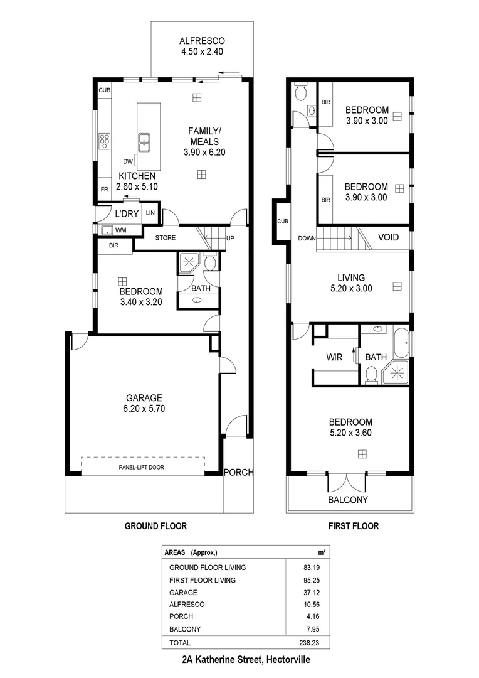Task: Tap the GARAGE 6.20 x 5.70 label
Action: (x=144, y=402)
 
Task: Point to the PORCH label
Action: (x=238, y=473)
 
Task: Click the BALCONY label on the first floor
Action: (x=348, y=500)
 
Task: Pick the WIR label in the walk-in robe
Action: (x=334, y=357)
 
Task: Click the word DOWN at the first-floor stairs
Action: (x=307, y=239)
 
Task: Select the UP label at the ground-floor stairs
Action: (x=230, y=239)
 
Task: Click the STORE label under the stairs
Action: (x=166, y=238)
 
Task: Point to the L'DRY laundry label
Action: (x=126, y=213)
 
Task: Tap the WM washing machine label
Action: (x=120, y=230)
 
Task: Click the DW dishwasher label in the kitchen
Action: (x=128, y=161)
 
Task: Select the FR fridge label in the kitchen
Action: (x=103, y=189)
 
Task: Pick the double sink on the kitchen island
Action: (x=144, y=143)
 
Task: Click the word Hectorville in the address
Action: (x=288, y=660)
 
